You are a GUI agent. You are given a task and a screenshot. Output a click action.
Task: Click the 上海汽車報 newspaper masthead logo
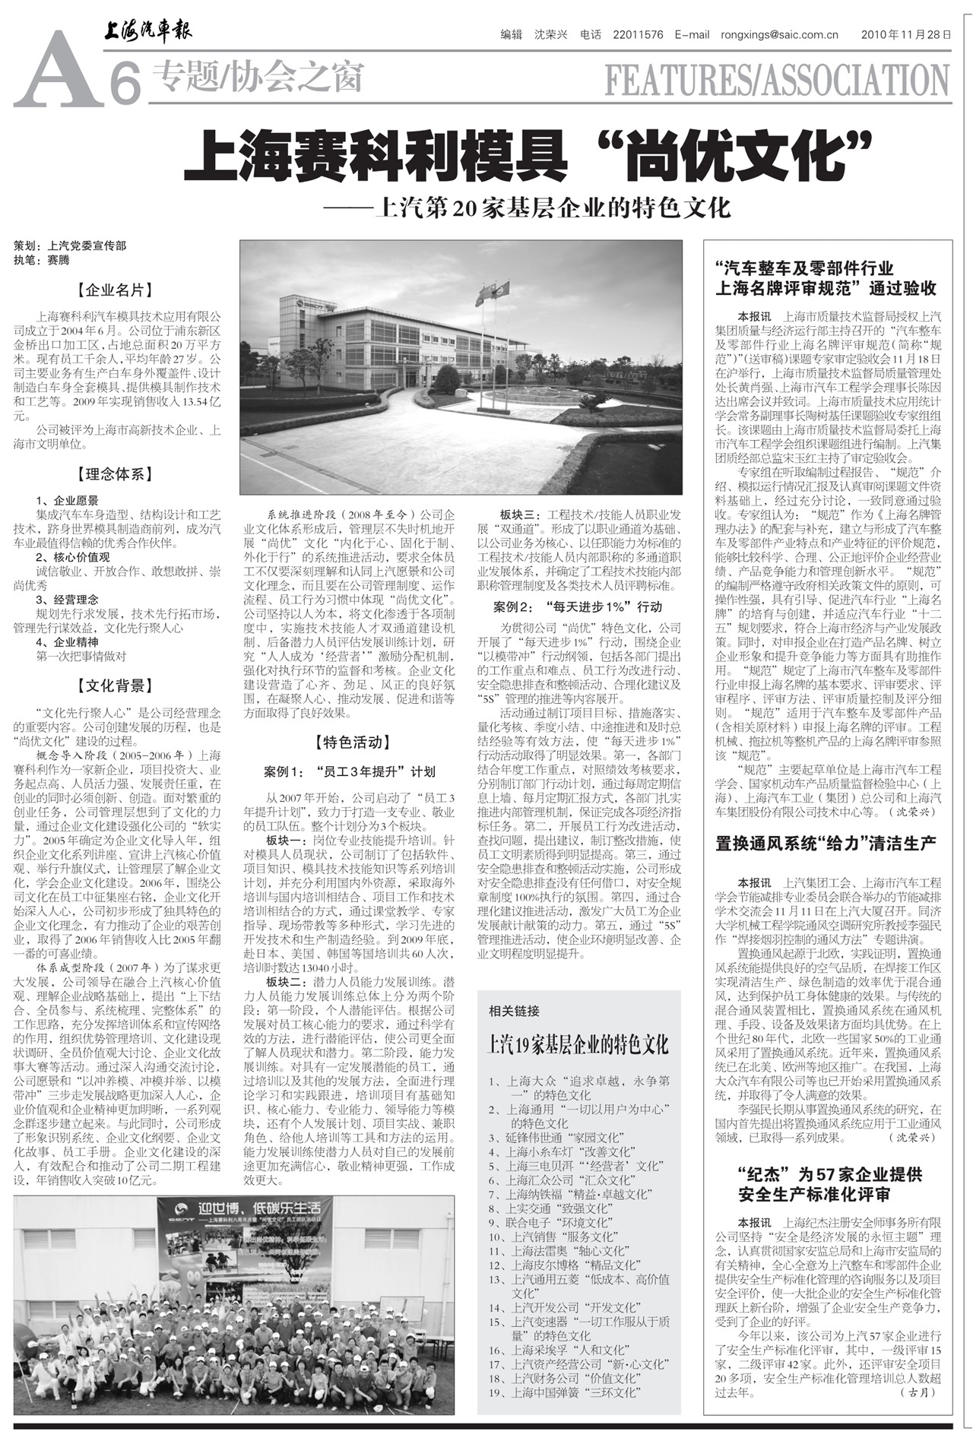[148, 31]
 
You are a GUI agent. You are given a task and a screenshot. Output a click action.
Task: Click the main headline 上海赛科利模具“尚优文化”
[526, 154]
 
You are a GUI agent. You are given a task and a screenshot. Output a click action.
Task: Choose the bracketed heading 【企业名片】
[116, 290]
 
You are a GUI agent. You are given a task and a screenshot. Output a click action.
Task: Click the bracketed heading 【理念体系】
[116, 475]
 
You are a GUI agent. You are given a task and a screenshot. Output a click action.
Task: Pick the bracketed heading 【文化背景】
[116, 686]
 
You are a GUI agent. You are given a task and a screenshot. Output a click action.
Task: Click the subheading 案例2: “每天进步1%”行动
[578, 606]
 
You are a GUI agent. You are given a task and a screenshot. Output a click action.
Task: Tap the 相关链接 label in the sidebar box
[514, 1011]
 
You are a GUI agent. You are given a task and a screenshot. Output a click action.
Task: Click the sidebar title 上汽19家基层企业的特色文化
[578, 1045]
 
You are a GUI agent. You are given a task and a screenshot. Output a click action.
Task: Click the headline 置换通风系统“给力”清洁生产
[826, 844]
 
